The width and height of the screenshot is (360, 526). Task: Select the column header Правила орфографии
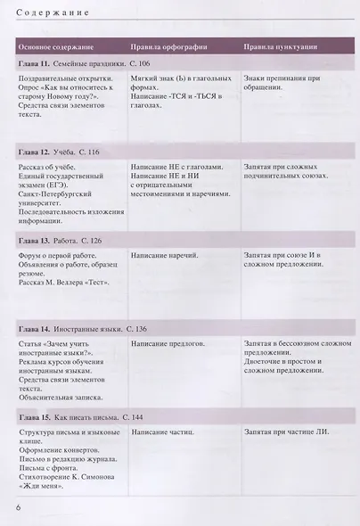coord(170,45)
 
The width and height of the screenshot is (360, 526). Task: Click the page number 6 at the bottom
coord(18,507)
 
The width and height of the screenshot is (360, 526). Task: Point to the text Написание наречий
coord(165,255)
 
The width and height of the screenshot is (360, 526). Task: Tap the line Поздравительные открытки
coord(66,78)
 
